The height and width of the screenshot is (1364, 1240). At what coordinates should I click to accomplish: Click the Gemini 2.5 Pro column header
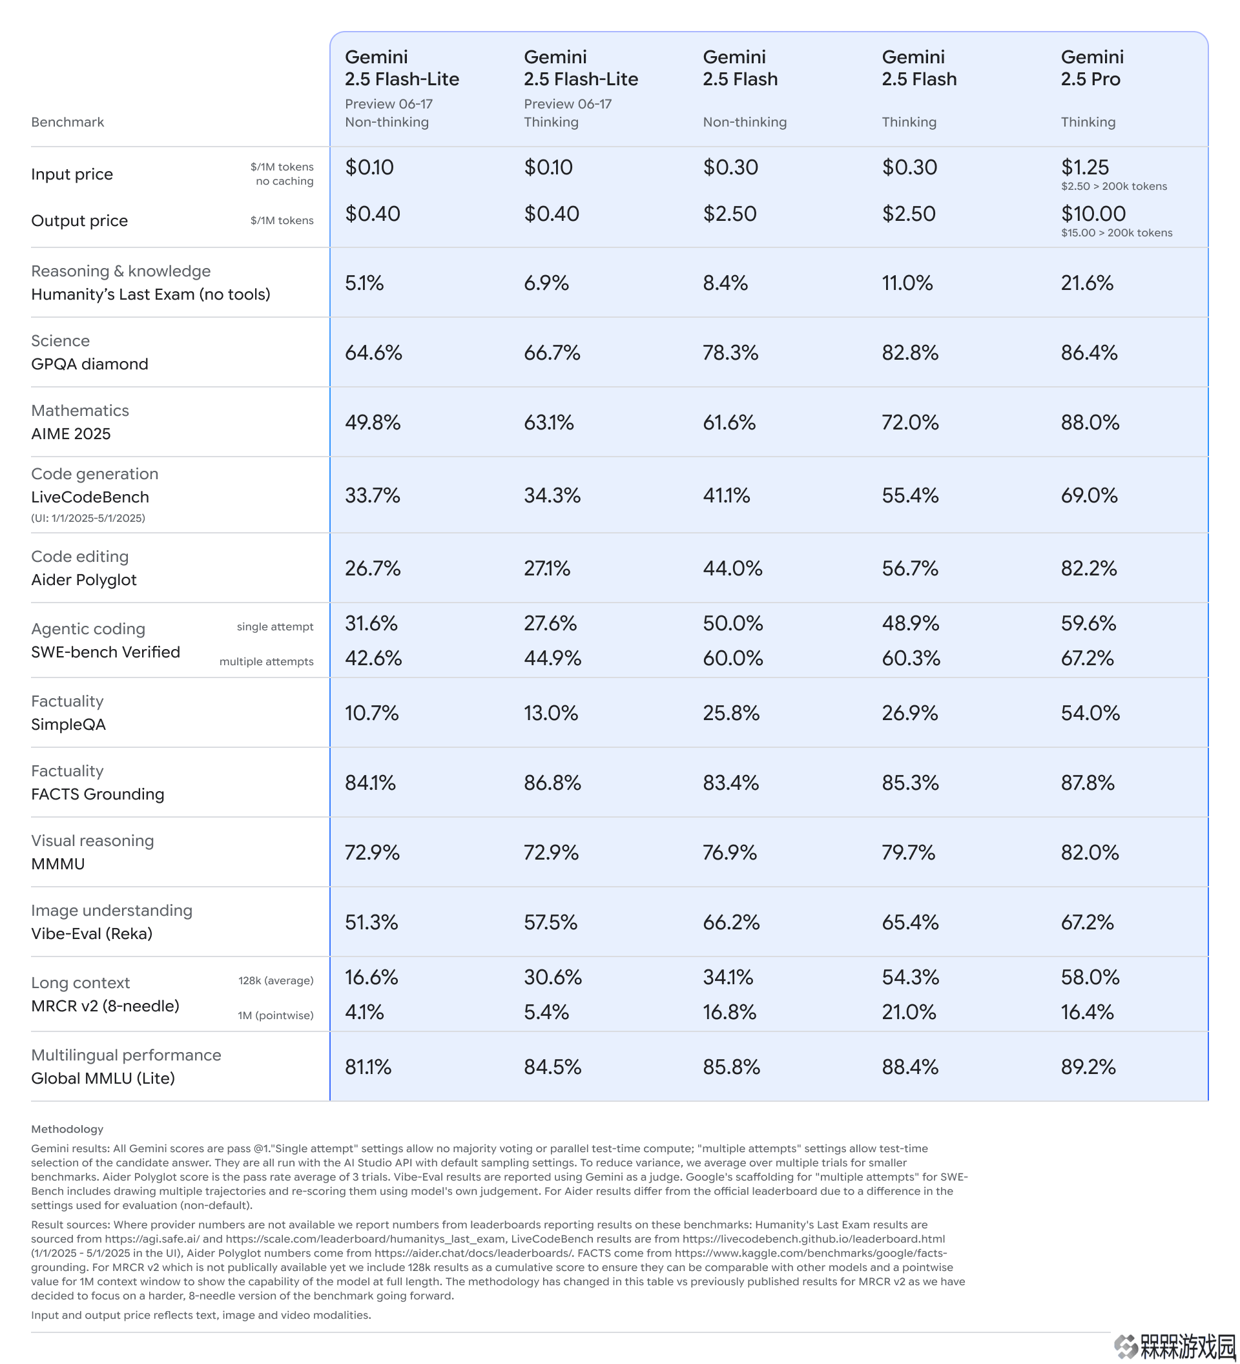(1092, 68)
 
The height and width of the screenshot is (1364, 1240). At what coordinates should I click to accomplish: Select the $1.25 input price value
(1085, 167)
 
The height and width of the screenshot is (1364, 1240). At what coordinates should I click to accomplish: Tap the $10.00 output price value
(1093, 214)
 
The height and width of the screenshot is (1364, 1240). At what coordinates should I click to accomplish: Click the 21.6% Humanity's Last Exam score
(1087, 283)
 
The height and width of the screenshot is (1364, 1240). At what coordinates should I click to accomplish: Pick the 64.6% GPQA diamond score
(373, 353)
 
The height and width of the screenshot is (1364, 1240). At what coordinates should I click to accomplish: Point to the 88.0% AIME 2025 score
(1090, 422)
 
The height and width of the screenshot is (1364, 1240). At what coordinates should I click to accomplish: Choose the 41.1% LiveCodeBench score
(727, 495)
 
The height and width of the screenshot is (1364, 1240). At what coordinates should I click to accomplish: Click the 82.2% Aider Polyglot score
(1089, 568)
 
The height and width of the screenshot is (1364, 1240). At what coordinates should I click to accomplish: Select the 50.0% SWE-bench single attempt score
(732, 623)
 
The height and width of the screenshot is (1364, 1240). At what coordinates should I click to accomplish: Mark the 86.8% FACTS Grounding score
(553, 783)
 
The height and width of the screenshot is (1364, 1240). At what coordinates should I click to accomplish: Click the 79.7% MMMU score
(909, 852)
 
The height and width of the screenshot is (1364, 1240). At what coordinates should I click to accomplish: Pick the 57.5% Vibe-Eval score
(551, 922)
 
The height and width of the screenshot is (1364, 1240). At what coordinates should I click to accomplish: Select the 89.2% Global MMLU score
(1088, 1067)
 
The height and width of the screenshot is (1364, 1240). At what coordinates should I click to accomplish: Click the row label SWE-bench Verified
(105, 652)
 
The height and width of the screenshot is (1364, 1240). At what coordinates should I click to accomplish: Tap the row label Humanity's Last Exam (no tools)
(151, 294)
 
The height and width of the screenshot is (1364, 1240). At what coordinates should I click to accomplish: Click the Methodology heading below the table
(67, 1129)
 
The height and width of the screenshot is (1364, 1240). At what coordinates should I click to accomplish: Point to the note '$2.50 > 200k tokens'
(1114, 186)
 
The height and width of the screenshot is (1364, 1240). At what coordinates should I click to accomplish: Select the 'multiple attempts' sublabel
(267, 662)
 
